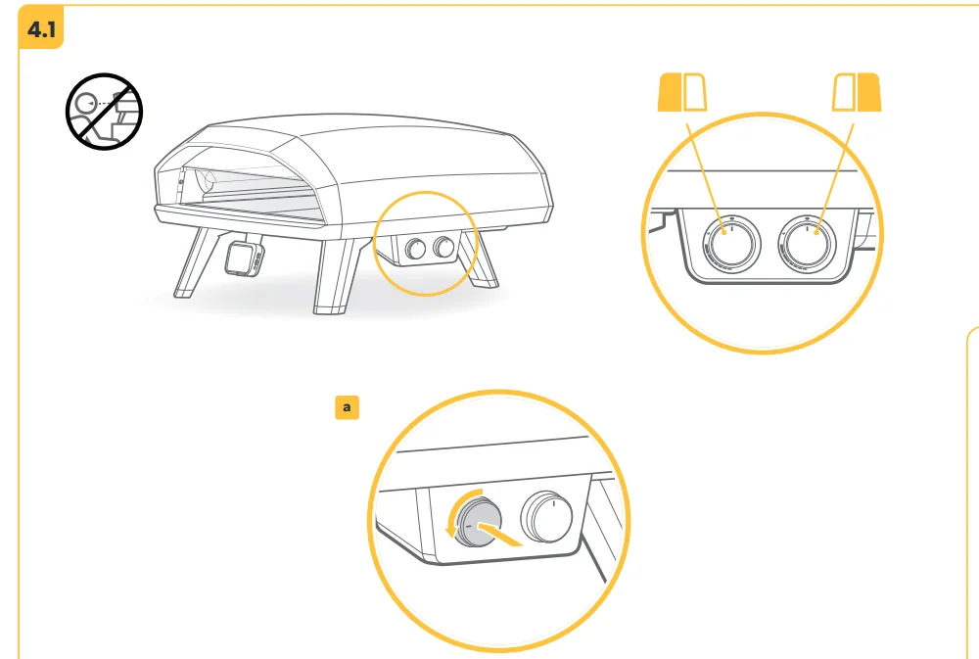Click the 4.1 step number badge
click(41, 28)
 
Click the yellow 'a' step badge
click(348, 407)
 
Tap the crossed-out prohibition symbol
click(105, 112)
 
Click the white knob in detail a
click(547, 517)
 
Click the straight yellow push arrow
click(499, 534)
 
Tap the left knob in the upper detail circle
click(731, 244)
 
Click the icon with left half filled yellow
click(682, 92)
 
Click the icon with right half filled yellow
click(857, 92)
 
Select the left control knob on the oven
click(415, 250)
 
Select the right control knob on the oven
click(443, 248)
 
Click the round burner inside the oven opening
click(206, 181)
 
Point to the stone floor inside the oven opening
click(256, 203)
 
